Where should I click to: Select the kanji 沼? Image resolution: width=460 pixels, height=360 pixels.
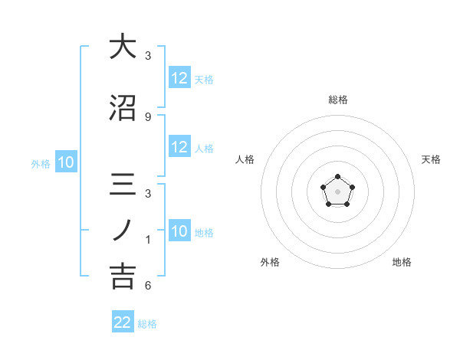(x=122, y=107)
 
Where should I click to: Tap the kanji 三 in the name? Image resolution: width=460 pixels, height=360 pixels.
(x=122, y=185)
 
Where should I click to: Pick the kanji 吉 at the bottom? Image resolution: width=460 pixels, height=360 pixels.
(x=122, y=276)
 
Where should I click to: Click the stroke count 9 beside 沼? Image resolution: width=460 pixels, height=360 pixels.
(x=148, y=116)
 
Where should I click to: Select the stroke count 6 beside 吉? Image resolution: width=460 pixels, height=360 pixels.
(x=148, y=286)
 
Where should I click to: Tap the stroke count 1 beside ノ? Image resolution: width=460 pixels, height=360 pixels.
(x=148, y=240)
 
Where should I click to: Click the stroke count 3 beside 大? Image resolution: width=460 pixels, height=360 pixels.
(x=148, y=56)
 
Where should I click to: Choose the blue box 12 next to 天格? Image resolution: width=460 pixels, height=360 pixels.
(x=179, y=78)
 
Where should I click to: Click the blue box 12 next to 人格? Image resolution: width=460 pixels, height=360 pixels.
(x=179, y=147)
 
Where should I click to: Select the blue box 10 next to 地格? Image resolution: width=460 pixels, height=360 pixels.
(x=179, y=231)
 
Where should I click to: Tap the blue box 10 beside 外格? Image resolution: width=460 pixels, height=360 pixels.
(x=65, y=162)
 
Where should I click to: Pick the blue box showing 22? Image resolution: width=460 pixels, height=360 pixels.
(x=123, y=322)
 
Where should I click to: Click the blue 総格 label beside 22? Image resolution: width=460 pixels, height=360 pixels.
(x=147, y=324)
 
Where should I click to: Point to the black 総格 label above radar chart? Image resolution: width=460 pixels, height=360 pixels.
(x=337, y=100)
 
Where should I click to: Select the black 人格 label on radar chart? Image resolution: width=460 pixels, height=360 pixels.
(x=245, y=159)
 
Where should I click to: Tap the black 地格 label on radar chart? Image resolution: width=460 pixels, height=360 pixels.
(x=402, y=262)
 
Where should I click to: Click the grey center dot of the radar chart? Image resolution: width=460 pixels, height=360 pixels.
(x=337, y=190)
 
